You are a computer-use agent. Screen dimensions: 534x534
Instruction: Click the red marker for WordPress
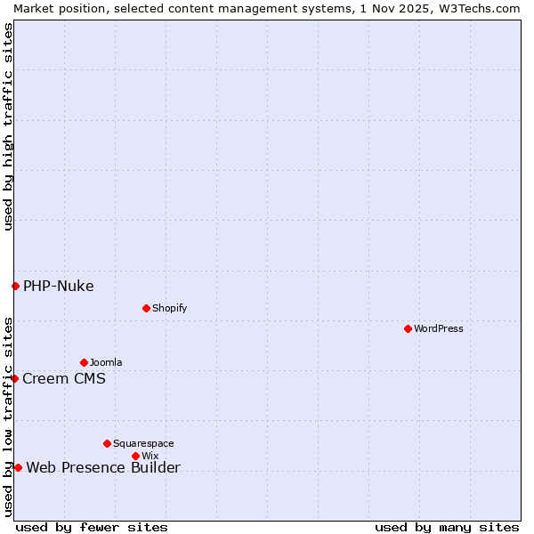point(408,328)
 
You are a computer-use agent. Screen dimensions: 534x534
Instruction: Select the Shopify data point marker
point(146,308)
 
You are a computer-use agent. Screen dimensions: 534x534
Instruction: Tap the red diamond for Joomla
point(84,362)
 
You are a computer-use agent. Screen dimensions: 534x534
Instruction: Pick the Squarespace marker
point(107,443)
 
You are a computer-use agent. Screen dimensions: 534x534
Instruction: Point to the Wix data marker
point(135,456)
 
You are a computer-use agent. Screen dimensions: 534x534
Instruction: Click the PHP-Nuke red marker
point(15,286)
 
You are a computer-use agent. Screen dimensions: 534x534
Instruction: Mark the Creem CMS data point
point(14,378)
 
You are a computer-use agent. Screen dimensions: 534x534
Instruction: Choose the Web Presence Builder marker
point(18,467)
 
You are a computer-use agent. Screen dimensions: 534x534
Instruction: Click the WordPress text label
point(439,328)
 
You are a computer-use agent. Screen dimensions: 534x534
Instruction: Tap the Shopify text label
point(169,308)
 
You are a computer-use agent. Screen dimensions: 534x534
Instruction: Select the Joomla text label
point(106,362)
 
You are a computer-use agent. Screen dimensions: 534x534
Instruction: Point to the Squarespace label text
point(143,443)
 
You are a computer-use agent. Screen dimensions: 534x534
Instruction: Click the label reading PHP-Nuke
point(59,286)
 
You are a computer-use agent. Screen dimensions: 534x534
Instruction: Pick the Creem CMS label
point(64,378)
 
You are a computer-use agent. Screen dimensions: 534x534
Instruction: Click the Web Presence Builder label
point(103,467)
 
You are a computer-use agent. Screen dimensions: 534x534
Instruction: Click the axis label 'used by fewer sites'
point(92,527)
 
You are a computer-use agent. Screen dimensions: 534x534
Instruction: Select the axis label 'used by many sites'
point(447,527)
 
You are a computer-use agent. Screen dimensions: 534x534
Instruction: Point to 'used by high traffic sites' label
point(8,126)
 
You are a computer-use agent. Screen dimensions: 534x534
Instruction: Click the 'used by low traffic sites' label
point(8,417)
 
